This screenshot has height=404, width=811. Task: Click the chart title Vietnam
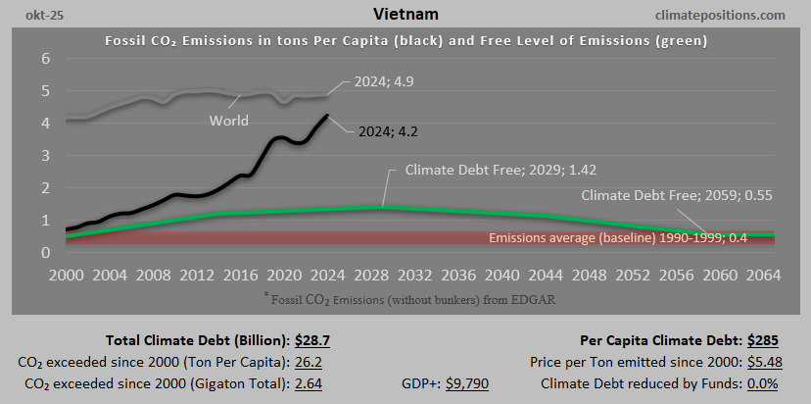click(x=405, y=15)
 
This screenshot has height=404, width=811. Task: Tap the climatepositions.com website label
click(x=719, y=15)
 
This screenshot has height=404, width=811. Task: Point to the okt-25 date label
click(x=31, y=15)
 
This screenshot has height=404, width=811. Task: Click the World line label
click(x=229, y=121)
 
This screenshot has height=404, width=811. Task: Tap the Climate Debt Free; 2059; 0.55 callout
click(x=676, y=195)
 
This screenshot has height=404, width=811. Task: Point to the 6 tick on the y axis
click(x=45, y=58)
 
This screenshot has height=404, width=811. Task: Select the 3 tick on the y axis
click(x=45, y=155)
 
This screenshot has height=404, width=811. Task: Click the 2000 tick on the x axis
click(x=67, y=274)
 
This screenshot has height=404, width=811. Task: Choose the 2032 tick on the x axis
click(x=409, y=274)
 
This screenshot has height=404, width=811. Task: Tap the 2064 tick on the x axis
click(x=752, y=274)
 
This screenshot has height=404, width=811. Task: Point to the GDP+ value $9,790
click(x=467, y=382)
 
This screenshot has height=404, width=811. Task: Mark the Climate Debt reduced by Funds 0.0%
click(x=760, y=382)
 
